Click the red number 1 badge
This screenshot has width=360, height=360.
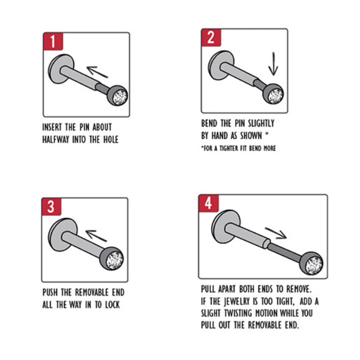pos(53,41)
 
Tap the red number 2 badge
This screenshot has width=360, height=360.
pos(211,38)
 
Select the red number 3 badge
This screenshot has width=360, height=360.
pos(51,207)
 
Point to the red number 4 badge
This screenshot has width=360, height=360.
pos(209,203)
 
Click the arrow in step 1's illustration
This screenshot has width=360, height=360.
pos(97,72)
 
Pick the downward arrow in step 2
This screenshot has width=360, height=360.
pos(273,64)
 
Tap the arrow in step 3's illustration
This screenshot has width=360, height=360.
pos(96,235)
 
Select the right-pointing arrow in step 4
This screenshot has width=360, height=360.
pos(276,233)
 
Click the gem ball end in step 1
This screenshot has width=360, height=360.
pos(117,95)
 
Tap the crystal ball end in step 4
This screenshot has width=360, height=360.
pos(311,263)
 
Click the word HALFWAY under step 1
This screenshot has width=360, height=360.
pos(56,139)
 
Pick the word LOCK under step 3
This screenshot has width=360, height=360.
pos(112,305)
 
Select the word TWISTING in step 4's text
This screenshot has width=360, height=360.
pos(238,313)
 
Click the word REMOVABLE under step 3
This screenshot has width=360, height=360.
pos(92,292)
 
